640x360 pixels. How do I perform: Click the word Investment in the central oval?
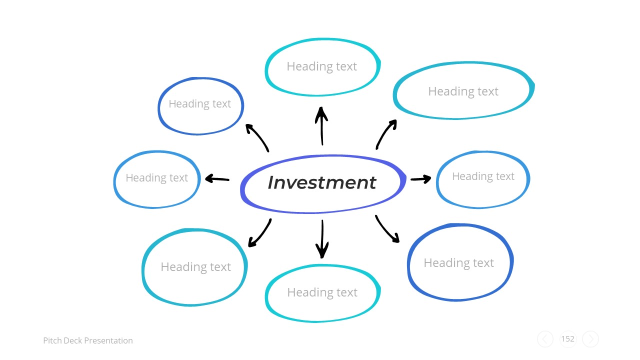(321, 182)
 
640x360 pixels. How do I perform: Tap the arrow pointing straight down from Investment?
(322, 239)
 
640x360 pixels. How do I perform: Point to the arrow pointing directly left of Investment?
(217, 178)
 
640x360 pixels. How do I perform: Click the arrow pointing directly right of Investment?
(420, 178)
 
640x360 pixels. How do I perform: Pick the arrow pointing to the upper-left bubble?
(257, 137)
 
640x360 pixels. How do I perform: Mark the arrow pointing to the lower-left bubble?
(260, 233)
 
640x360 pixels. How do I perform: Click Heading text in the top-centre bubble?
(321, 66)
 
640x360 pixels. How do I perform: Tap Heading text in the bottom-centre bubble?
(322, 292)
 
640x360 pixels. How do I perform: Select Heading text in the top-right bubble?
(463, 91)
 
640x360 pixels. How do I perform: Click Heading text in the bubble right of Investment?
(483, 176)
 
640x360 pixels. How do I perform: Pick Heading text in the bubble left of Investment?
(156, 178)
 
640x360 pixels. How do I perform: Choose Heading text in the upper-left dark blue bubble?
(199, 104)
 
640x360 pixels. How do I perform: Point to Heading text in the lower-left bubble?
(195, 267)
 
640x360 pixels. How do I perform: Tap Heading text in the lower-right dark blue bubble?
(458, 263)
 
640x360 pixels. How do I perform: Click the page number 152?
(567, 339)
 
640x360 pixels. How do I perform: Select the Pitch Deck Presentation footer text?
(88, 340)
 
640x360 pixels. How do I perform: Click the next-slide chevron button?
(590, 339)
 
